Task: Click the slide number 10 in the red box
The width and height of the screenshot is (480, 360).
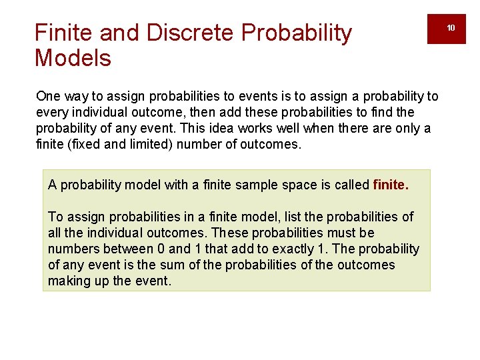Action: [x=451, y=28]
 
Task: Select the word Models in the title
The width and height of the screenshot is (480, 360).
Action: [x=73, y=59]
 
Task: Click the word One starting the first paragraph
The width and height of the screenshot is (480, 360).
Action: [x=48, y=97]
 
